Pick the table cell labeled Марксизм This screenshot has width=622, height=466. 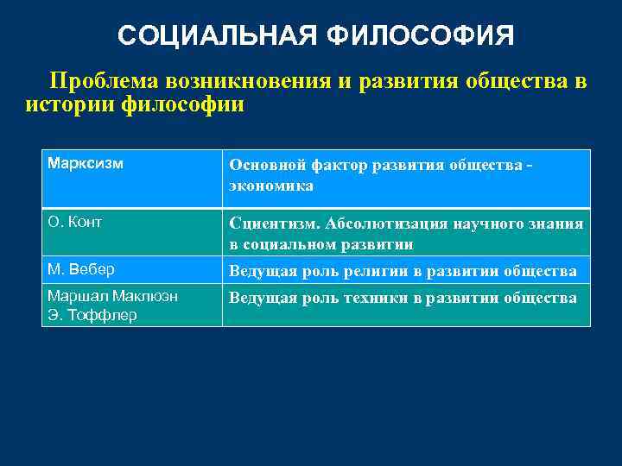[86, 163]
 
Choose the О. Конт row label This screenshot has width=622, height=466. [75, 223]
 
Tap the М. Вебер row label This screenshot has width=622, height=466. [81, 270]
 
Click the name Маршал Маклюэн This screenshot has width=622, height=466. [112, 296]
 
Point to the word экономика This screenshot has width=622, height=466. [270, 186]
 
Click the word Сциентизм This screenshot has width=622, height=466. [271, 224]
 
